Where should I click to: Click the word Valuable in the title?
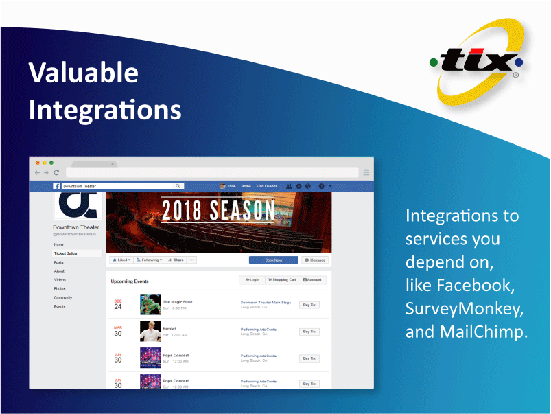83,73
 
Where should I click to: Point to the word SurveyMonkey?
464,308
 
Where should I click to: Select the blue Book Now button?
273,260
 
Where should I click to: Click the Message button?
315,260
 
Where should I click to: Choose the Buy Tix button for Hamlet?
309,332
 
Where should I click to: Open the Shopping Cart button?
282,280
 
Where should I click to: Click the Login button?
253,280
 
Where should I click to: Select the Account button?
312,280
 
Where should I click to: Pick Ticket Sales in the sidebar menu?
65,253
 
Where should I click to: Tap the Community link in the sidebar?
63,297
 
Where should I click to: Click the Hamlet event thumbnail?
150,332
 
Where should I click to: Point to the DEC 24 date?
118,304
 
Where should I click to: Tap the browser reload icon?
56,173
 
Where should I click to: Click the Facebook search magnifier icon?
178,186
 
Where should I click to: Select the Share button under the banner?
176,260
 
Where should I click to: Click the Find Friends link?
267,186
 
